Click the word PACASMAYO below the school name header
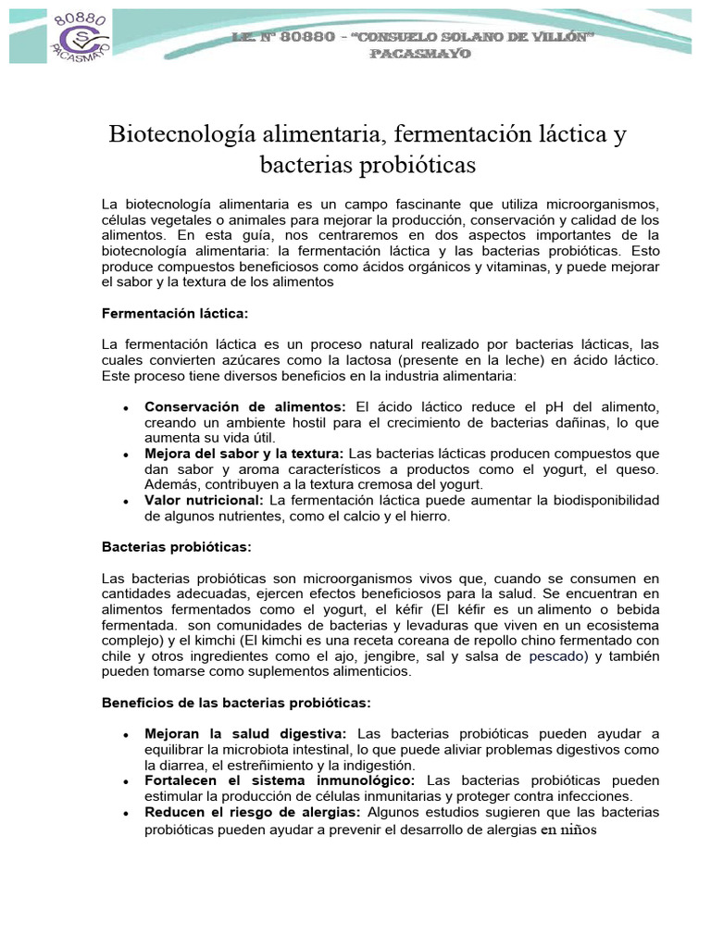click(x=420, y=54)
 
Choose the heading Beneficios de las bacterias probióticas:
click(x=235, y=703)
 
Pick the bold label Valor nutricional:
click(x=204, y=500)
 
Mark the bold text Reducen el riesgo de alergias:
click(x=252, y=812)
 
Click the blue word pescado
click(x=558, y=656)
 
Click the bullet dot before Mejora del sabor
click(x=125, y=455)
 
